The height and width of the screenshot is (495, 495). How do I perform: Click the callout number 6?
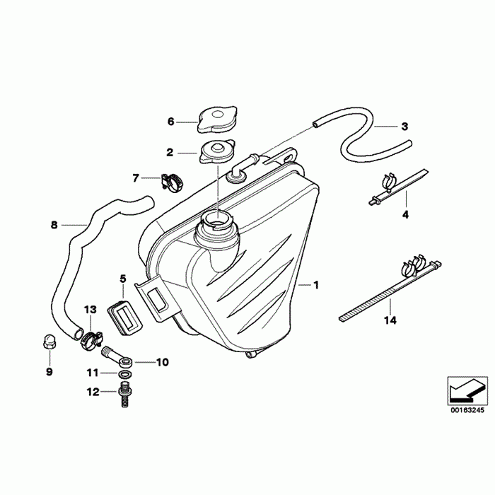(170, 122)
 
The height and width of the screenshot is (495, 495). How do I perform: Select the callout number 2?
(170, 152)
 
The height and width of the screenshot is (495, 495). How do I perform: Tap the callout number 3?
(404, 127)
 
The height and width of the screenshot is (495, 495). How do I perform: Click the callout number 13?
(89, 310)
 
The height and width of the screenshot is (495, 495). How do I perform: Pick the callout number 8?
(54, 226)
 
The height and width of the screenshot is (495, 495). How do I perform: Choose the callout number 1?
(316, 286)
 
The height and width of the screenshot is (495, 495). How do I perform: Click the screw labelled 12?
(125, 396)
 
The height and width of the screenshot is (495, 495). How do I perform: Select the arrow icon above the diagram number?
(467, 388)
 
